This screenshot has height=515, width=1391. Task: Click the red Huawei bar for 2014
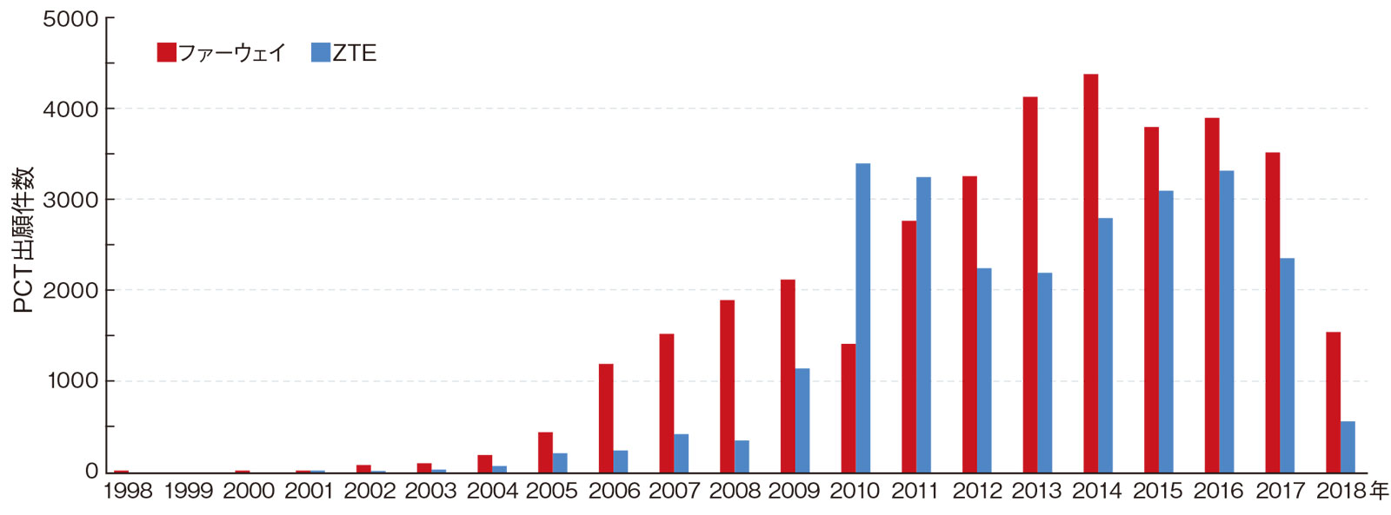point(1090,273)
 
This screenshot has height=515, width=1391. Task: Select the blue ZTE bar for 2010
point(862,318)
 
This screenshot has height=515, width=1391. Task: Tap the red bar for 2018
point(1333,401)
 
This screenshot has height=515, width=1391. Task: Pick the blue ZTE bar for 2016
point(1227,321)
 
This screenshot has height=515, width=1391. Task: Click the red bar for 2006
point(606,418)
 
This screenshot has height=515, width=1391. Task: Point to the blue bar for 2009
point(802,420)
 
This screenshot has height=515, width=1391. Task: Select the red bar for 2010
point(848,408)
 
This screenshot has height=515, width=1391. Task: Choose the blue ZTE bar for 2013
point(1045,373)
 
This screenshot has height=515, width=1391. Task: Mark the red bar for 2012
point(969,324)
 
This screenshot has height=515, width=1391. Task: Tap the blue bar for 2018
point(1348,446)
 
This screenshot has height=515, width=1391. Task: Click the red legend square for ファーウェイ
point(166,53)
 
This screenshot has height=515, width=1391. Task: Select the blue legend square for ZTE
point(320,53)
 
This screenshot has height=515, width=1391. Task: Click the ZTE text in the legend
point(355,53)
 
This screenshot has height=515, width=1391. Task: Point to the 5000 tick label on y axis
point(70,19)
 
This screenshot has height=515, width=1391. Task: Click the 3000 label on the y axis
point(70,200)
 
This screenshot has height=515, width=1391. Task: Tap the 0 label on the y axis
point(91,472)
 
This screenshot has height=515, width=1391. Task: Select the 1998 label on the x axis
point(128,492)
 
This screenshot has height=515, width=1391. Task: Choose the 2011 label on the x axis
point(915,492)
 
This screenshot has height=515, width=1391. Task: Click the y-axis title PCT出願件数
point(23,240)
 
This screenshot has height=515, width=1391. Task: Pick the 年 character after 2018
point(1379,492)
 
